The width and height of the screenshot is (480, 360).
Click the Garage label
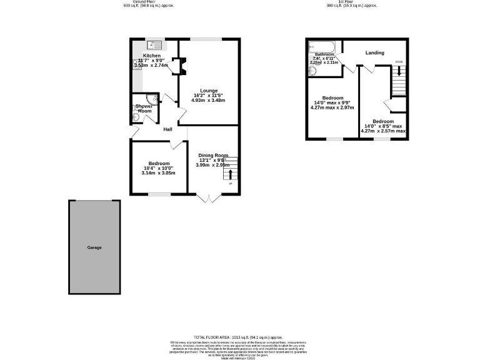(x=94, y=247)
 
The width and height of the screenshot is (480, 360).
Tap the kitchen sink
(x=154, y=44)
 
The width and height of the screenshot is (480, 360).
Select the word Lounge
(x=209, y=91)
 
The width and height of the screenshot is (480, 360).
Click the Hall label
(x=167, y=129)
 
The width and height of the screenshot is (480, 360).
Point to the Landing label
(x=375, y=52)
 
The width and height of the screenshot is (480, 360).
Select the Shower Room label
(x=144, y=109)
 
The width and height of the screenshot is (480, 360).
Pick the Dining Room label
(x=213, y=155)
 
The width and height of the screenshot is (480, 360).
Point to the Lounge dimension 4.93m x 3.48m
(x=208, y=100)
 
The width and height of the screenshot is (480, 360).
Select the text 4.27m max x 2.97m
(x=332, y=107)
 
